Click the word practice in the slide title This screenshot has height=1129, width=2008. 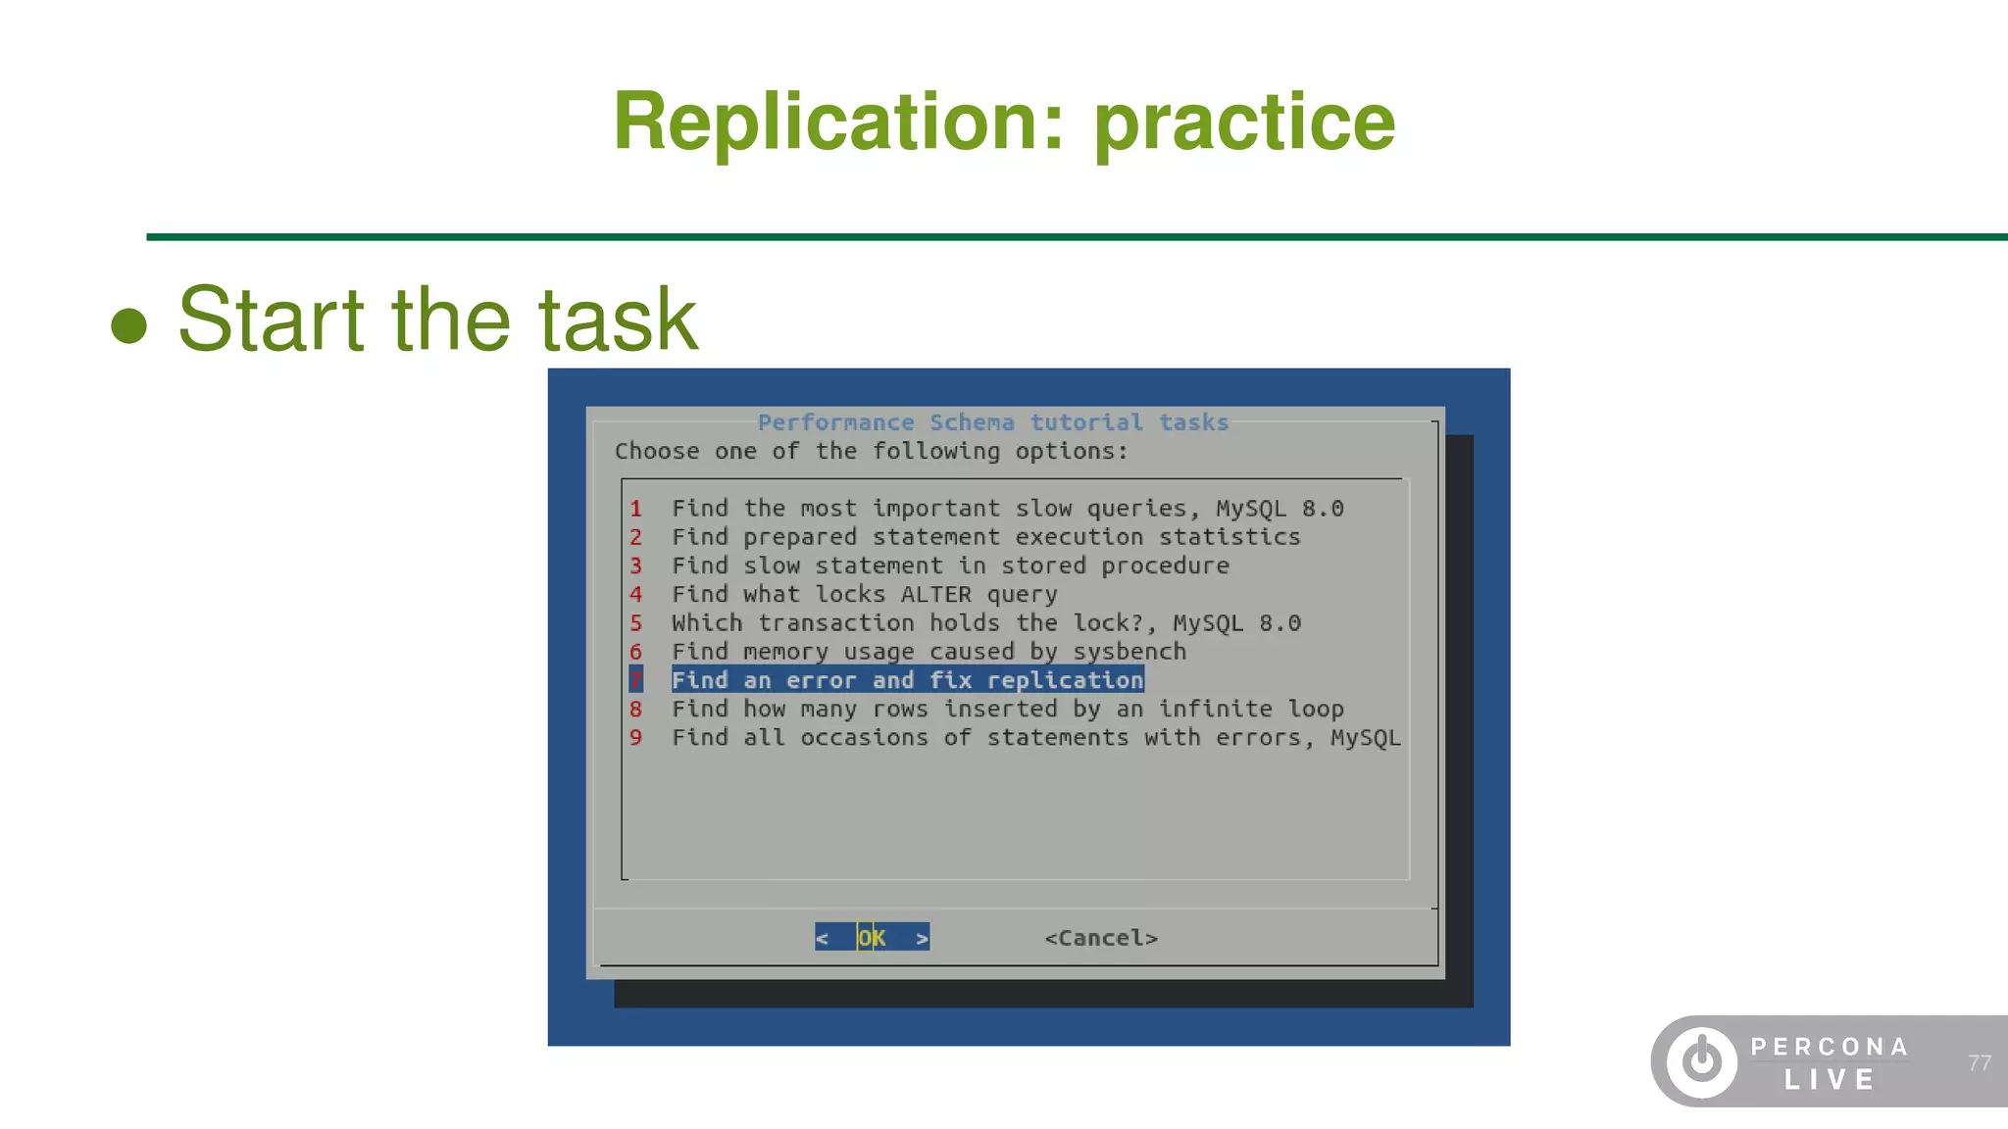click(1244, 123)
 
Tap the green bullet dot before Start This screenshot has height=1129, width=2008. click(128, 325)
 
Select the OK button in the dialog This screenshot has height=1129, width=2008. click(872, 938)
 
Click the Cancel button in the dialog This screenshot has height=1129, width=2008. click(1101, 938)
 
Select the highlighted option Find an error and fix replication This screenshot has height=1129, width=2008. click(907, 680)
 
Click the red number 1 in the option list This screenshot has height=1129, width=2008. click(635, 509)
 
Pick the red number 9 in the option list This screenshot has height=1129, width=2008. click(635, 737)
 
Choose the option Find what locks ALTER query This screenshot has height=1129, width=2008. click(864, 594)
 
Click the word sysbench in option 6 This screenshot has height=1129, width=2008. click(1129, 652)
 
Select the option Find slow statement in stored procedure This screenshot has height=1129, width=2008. click(949, 565)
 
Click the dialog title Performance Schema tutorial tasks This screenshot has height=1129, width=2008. click(992, 422)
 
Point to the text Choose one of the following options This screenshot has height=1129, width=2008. click(871, 451)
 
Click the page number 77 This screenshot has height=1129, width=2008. click(1979, 1062)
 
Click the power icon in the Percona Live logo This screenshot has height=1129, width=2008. click(1702, 1061)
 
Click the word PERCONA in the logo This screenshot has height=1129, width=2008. click(1829, 1047)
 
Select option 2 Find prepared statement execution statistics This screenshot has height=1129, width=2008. click(985, 537)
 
